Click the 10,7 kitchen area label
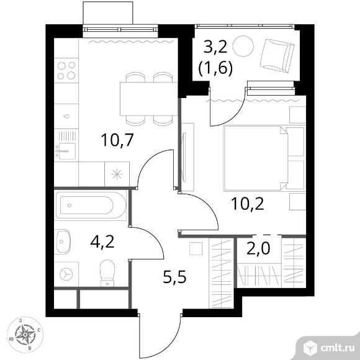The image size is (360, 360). click(x=117, y=140)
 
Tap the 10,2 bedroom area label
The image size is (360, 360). click(x=248, y=204)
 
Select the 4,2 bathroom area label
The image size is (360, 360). click(x=102, y=242)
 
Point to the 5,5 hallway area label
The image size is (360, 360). click(x=174, y=277)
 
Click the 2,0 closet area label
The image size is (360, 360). click(x=258, y=248)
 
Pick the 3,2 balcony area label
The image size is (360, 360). click(x=215, y=48)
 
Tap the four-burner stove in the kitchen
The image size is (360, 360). click(x=66, y=71)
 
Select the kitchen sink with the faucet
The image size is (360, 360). click(x=66, y=151)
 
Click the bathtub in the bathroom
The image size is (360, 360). click(x=91, y=205)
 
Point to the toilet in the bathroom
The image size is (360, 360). click(x=107, y=273)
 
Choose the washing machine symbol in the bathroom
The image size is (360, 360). click(x=66, y=274)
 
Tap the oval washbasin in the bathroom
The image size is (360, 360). click(x=63, y=241)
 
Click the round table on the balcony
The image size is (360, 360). click(x=243, y=46)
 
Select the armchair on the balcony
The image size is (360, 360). click(x=277, y=56)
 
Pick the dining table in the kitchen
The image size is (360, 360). click(x=149, y=99)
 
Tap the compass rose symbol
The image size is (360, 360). click(x=25, y=335)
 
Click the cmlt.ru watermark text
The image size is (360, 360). click(x=338, y=349)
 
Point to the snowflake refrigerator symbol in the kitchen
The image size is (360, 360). click(x=117, y=174)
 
